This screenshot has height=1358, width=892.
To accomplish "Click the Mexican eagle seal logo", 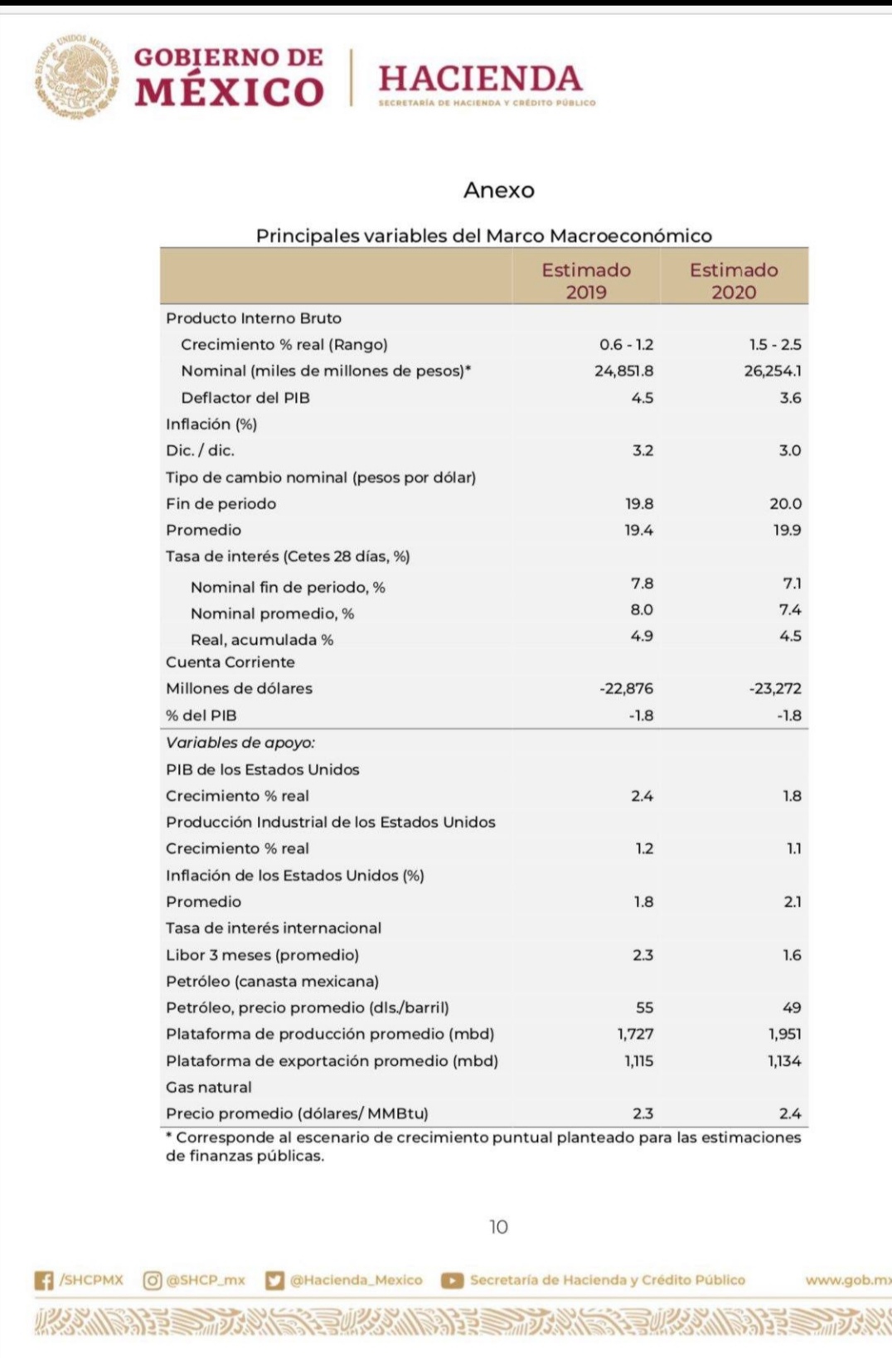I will [x=76, y=76].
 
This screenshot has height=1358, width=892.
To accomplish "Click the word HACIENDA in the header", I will [x=480, y=79].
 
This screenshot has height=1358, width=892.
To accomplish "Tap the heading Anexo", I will [x=498, y=190].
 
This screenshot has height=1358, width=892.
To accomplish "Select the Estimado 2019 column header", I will [x=586, y=280].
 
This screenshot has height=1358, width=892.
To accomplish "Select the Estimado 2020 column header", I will [x=734, y=280].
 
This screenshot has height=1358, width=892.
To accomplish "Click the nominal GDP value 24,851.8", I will [x=623, y=371].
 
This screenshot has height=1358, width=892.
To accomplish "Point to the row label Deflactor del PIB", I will [x=245, y=397].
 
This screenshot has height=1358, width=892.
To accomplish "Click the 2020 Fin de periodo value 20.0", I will [x=785, y=503].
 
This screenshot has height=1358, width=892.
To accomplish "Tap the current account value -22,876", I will [x=626, y=688].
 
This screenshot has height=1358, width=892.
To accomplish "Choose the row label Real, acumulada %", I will [x=262, y=639].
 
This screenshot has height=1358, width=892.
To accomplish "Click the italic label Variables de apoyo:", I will [x=240, y=742].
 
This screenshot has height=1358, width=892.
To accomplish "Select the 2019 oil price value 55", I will [x=644, y=1007].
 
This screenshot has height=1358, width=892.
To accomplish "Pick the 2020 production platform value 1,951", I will [x=784, y=1034].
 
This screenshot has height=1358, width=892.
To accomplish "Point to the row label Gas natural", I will [x=209, y=1087].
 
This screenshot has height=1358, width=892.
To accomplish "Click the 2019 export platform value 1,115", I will [x=638, y=1060].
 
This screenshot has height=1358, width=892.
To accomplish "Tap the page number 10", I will [x=498, y=1226].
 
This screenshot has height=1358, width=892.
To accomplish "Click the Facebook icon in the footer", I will [x=44, y=1280].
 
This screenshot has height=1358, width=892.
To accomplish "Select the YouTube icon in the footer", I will [x=452, y=1280].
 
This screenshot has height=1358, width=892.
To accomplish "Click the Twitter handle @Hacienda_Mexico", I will [x=356, y=1280].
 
